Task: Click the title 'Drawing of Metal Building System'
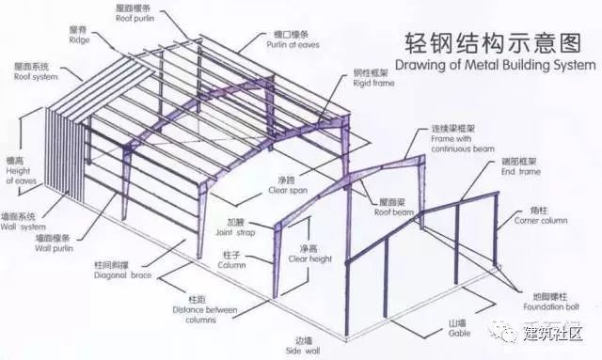pyautogui.click(x=495, y=65)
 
